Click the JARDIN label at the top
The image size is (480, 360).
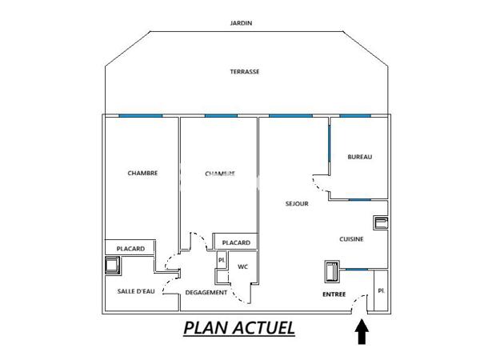click(241, 23)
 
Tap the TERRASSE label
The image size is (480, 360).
click(244, 71)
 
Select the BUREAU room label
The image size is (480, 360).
click(360, 157)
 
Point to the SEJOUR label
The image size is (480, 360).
click(297, 204)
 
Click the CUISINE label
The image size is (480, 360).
click(352, 238)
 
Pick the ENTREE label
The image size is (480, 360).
click(334, 294)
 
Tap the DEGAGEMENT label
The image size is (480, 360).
click(206, 293)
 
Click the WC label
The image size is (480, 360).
click(242, 267)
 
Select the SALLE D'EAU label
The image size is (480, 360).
click(135, 291)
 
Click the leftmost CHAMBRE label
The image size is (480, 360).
click(142, 173)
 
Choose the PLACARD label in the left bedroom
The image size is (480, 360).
click(130, 249)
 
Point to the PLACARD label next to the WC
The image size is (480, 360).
click(236, 242)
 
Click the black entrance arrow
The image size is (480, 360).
click(362, 330)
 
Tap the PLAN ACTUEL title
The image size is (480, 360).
click(239, 327)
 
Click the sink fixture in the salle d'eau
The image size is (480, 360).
click(110, 267)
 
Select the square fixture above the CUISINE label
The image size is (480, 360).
click(381, 222)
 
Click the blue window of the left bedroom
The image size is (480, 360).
click(141, 116)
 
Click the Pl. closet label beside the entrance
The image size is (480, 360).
click(381, 290)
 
